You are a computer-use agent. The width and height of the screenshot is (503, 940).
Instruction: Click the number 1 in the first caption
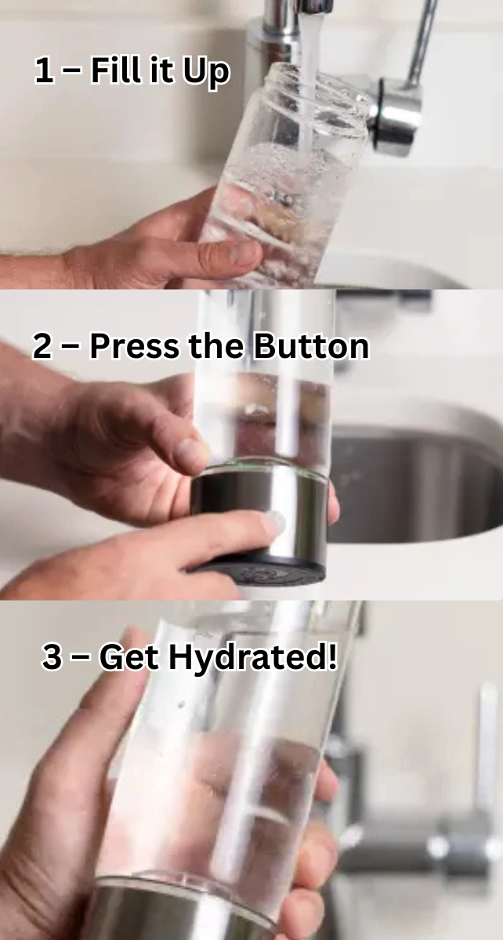(45, 71)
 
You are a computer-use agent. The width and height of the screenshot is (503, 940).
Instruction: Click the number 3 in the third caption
(52, 657)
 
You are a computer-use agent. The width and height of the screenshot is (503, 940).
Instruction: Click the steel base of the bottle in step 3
(180, 913)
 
